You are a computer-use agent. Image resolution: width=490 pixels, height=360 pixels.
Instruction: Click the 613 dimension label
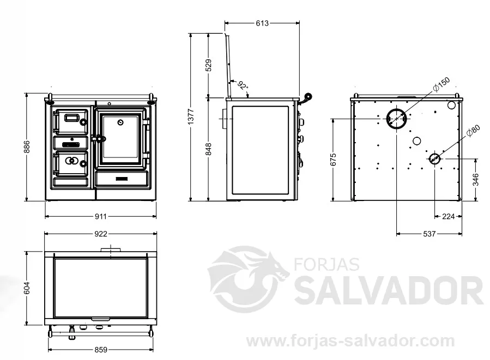point(262,23)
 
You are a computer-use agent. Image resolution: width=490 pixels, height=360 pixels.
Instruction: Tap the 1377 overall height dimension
point(191,117)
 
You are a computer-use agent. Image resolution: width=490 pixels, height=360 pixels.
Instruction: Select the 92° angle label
point(243,85)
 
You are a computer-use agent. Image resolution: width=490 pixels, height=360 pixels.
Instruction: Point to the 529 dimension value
point(209,65)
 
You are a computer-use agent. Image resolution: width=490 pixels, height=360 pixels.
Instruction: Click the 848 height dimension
point(209,149)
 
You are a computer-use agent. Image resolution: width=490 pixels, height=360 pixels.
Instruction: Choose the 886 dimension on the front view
point(27,147)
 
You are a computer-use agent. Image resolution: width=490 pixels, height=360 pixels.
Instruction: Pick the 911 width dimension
point(101,216)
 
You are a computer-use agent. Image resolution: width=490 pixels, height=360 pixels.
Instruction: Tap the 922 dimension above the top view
point(101,234)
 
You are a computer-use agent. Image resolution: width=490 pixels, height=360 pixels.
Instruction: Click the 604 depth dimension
point(27,288)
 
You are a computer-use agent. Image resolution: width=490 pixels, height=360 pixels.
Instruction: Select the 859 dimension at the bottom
point(101,350)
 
